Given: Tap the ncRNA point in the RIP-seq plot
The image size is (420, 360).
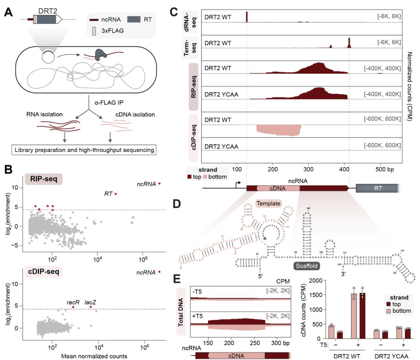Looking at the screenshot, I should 159,183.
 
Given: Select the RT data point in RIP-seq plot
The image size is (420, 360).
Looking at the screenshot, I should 115,194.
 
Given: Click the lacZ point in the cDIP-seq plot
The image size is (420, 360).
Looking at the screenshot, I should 91,307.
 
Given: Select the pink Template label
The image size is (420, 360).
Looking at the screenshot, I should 268,203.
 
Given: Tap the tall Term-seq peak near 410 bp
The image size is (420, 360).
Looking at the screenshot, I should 350,42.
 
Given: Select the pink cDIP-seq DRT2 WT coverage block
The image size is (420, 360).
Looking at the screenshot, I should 278,130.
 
